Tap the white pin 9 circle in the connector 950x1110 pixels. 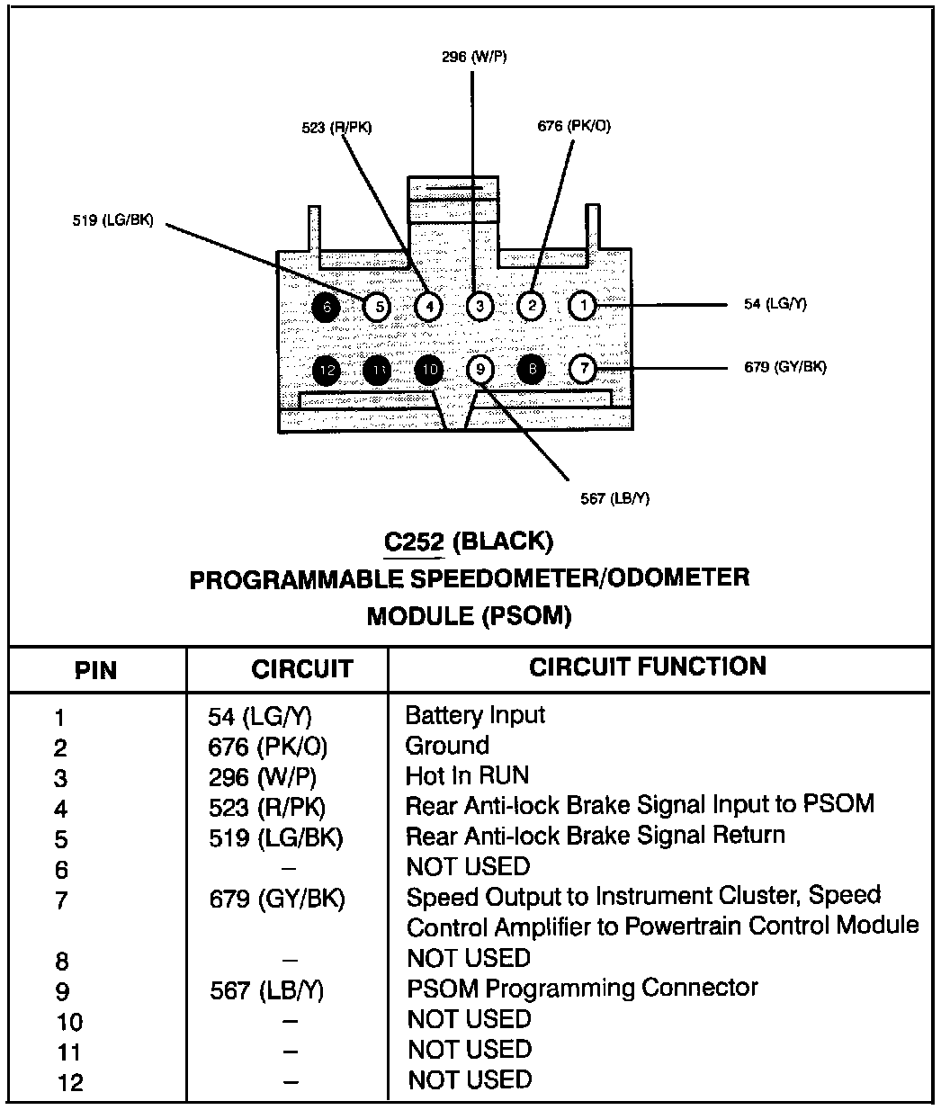pos(480,369)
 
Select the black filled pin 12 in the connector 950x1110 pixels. pos(327,369)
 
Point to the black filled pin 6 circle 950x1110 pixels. pos(327,307)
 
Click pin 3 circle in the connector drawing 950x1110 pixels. pos(479,307)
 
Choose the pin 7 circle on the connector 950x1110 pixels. pos(583,369)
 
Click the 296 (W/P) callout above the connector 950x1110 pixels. pos(474,57)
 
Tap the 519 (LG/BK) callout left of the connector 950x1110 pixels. pos(112,219)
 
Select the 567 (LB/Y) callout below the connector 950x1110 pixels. pos(614,498)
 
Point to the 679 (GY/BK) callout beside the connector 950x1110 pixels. pos(785,367)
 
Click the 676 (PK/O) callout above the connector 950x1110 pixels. pos(574,126)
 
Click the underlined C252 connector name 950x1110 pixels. pos(413,542)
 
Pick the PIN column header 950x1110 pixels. pos(95,670)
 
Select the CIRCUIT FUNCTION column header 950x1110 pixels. pos(648,667)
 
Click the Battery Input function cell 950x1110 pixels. pos(475,716)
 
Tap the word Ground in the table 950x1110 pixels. pos(447,746)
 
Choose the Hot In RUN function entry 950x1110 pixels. pos(467,775)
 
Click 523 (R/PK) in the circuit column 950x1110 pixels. pos(266,807)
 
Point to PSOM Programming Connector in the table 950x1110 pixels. pos(582,988)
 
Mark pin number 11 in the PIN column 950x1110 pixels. pos(68,1052)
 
